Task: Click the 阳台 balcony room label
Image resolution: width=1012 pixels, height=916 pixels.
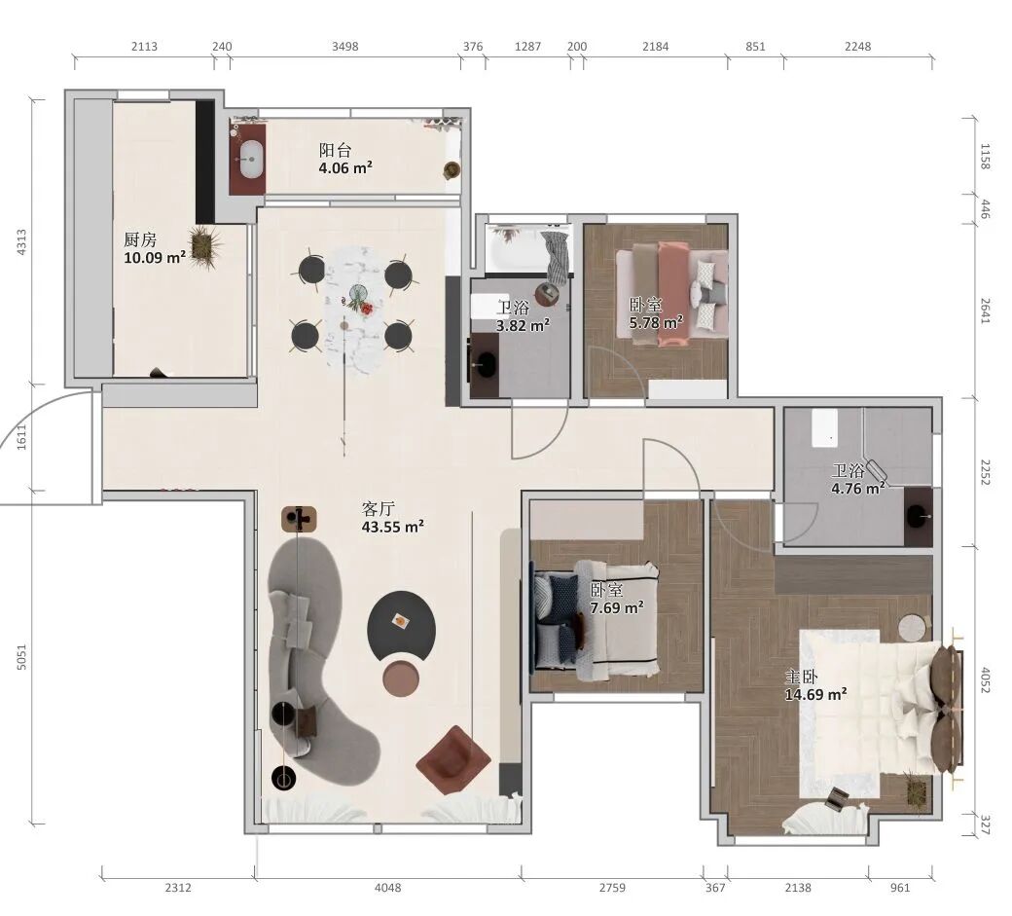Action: pyautogui.click(x=335, y=151)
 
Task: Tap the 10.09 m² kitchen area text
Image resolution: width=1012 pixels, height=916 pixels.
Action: pyautogui.click(x=155, y=258)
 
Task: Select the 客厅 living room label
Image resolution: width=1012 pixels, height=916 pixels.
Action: pyautogui.click(x=379, y=509)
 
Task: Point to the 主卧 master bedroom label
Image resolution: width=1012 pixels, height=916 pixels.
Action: pyautogui.click(x=802, y=677)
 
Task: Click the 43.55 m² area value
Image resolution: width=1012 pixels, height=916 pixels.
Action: pyautogui.click(x=392, y=527)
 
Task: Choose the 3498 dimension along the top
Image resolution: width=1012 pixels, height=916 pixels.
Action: pyautogui.click(x=345, y=47)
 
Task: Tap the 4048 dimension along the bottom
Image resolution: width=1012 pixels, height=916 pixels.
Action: pyautogui.click(x=388, y=888)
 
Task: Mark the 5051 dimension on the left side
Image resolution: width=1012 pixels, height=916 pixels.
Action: pyautogui.click(x=22, y=657)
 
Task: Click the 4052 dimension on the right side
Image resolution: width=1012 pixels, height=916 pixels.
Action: pyautogui.click(x=984, y=680)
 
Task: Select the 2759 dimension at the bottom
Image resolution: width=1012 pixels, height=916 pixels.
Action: pyautogui.click(x=612, y=888)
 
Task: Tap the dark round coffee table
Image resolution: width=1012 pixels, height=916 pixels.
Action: pyautogui.click(x=402, y=625)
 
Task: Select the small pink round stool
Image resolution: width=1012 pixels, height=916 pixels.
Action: pyautogui.click(x=401, y=678)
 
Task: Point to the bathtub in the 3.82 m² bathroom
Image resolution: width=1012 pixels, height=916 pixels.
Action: pyautogui.click(x=529, y=248)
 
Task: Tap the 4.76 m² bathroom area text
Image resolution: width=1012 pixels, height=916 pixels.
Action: pyautogui.click(x=857, y=489)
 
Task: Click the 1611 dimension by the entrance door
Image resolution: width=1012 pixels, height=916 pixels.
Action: pyautogui.click(x=22, y=437)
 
